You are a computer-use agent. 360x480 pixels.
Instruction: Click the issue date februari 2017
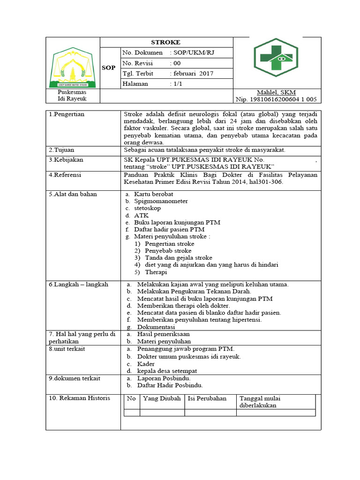[193, 73]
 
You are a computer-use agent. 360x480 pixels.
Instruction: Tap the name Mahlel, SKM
[276, 92]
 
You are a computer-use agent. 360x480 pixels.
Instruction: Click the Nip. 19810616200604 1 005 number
[276, 99]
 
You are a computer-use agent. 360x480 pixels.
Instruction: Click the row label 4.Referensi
[65, 175]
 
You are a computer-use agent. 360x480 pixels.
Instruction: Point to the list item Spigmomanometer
[161, 201]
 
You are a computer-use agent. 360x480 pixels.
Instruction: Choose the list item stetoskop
[147, 208]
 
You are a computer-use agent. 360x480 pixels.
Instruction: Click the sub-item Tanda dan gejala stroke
[178, 258]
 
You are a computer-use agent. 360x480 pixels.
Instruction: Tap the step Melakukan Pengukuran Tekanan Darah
[187, 292]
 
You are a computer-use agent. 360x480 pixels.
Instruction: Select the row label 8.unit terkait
[67, 349]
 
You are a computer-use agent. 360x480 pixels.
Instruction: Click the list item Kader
[146, 364]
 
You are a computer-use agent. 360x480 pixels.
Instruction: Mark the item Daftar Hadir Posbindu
[170, 385]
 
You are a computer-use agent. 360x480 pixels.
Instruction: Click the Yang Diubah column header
[162, 398]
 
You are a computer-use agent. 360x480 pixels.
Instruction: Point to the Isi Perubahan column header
[207, 398]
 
